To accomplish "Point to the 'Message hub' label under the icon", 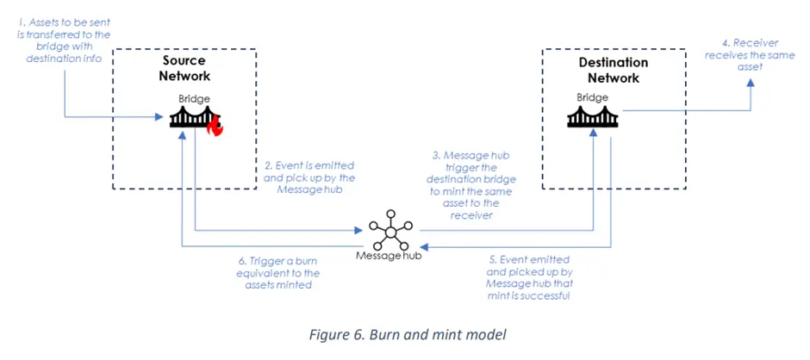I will (389, 257).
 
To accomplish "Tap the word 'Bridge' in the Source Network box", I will (194, 100).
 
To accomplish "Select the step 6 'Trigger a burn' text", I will (280, 273).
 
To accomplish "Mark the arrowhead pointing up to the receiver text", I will (750, 83).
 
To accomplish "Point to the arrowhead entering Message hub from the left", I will (361, 230).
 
